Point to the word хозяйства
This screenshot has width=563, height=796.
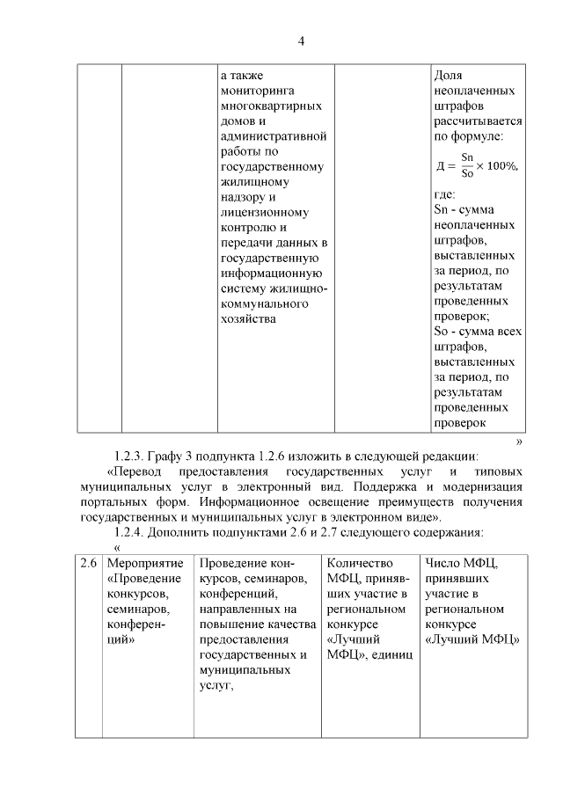point(249,318)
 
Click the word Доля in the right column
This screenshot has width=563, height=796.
point(449,76)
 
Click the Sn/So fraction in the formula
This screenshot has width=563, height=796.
point(467,165)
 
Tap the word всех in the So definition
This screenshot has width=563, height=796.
point(508,332)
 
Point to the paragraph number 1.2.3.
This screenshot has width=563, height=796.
point(132,456)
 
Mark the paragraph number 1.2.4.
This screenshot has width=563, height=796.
point(132,531)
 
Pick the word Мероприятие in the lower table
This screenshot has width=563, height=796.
point(144,563)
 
